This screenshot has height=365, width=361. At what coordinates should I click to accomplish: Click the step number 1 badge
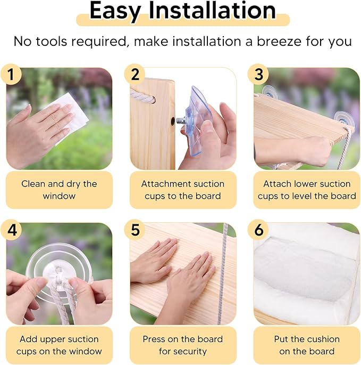click(x=11, y=74)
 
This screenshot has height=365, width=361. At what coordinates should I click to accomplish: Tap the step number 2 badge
click(x=135, y=74)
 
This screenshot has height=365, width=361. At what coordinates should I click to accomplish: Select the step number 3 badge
click(x=258, y=74)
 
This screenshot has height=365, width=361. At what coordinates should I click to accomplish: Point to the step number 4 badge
click(x=11, y=230)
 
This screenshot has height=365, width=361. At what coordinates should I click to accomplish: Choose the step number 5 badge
click(x=135, y=230)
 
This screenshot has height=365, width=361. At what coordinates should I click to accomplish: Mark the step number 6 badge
click(x=258, y=230)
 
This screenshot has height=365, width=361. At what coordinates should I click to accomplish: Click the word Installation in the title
click(x=212, y=11)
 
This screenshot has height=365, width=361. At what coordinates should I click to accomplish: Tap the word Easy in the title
click(x=115, y=12)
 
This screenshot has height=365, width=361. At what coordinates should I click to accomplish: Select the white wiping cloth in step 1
click(x=70, y=116)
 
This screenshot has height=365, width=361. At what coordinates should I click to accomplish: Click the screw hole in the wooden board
click(x=173, y=121)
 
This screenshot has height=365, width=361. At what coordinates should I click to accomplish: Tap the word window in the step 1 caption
click(x=59, y=196)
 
